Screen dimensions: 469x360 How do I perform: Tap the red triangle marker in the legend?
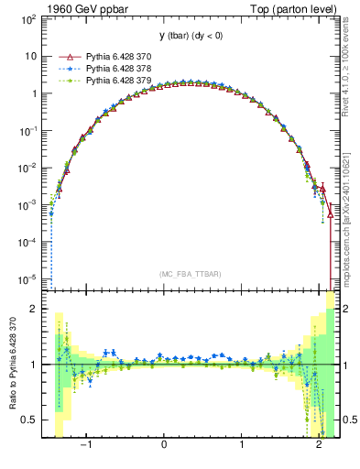(64, 57)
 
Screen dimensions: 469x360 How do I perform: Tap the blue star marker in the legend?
(64, 69)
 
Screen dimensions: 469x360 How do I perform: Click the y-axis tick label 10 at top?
(32, 56)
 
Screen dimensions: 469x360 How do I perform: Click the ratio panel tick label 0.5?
(29, 420)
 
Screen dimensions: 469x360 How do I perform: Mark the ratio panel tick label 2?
(34, 309)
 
